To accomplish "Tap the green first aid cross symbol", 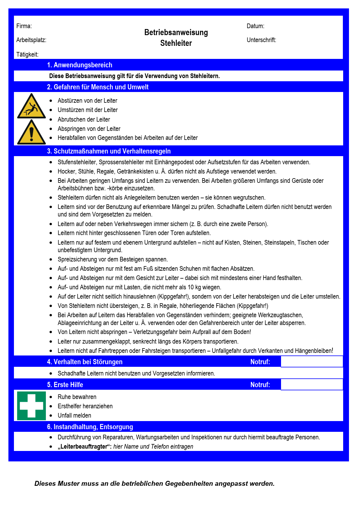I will [x=31, y=406].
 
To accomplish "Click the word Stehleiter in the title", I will [x=176, y=43].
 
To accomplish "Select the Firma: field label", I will [x=24, y=26].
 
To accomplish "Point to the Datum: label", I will [x=255, y=26].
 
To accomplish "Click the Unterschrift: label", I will [x=261, y=40].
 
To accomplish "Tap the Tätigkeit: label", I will [x=27, y=55].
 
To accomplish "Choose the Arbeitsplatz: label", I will [x=31, y=40].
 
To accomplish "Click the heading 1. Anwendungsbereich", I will [x=80, y=65].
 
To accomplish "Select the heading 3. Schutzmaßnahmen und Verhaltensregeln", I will [x=109, y=151].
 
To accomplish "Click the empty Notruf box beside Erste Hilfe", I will [x=312, y=385].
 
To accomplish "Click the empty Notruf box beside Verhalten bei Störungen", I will [x=312, y=362].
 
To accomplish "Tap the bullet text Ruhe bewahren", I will [x=77, y=397].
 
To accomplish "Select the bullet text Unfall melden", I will [x=74, y=416].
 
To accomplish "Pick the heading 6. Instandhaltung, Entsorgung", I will [x=90, y=427].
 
